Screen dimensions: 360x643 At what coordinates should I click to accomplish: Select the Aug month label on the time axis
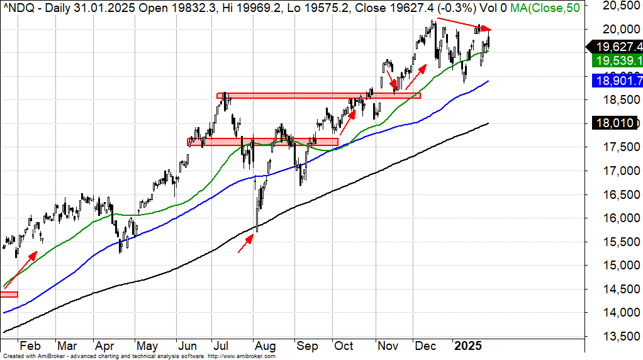pyautogui.click(x=265, y=346)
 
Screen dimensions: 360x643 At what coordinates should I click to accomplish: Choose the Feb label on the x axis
pyautogui.click(x=30, y=346)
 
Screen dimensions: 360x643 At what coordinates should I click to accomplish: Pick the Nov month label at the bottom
pyautogui.click(x=388, y=346)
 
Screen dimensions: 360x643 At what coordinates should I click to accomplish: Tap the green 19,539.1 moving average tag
pyautogui.click(x=617, y=60)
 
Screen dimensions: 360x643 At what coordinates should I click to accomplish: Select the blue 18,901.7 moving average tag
pyautogui.click(x=617, y=81)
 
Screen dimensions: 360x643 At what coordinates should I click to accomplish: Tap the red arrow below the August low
pyautogui.click(x=246, y=244)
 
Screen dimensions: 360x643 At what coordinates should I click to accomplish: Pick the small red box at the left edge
pyautogui.click(x=9, y=295)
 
